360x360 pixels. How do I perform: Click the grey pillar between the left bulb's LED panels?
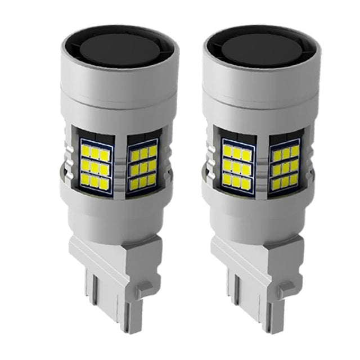pyautogui.click(x=120, y=163)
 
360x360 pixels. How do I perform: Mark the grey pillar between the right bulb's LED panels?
pyautogui.click(x=262, y=163)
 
